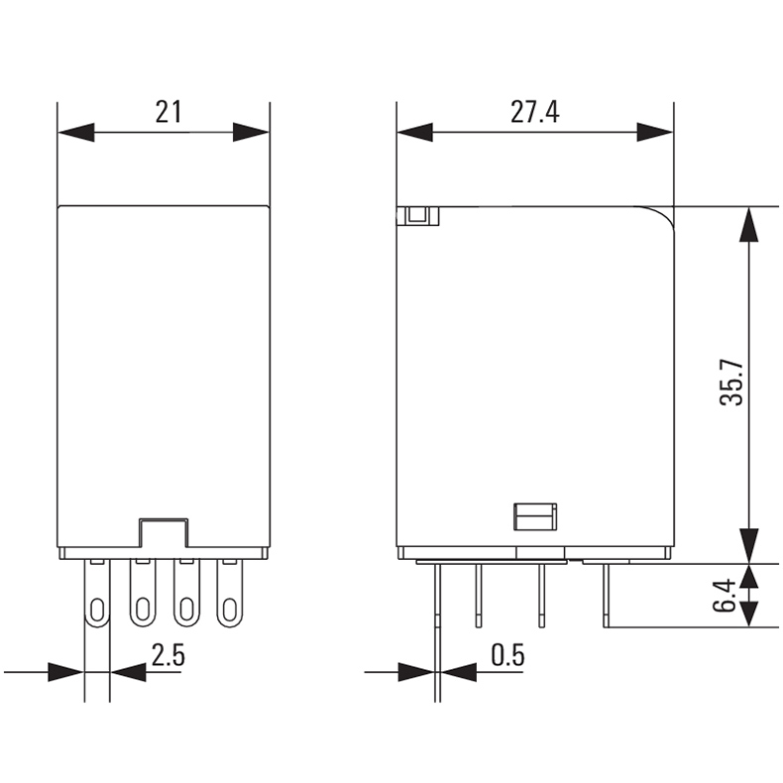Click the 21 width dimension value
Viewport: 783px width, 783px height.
click(168, 112)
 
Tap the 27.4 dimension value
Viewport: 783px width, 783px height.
click(535, 112)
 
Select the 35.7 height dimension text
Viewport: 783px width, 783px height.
click(732, 383)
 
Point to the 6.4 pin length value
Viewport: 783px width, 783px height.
click(726, 596)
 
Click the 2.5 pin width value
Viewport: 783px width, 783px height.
click(168, 655)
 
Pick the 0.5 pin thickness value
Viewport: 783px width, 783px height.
click(507, 655)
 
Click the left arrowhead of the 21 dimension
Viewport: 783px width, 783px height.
click(76, 133)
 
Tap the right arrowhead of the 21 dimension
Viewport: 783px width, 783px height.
click(251, 133)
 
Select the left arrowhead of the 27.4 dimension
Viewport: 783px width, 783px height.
click(415, 133)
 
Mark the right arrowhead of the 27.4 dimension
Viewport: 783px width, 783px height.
click(655, 133)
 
